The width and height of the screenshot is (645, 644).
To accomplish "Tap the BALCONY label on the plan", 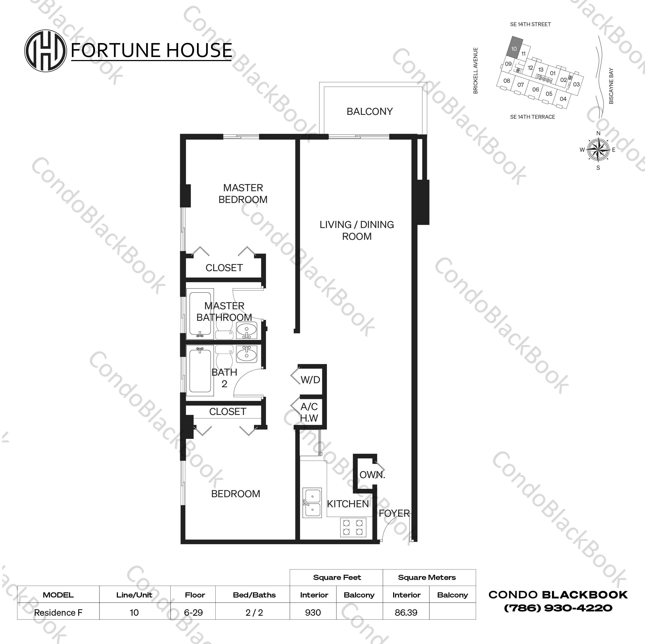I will (x=370, y=111).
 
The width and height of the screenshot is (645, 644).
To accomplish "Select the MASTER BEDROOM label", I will (x=243, y=194).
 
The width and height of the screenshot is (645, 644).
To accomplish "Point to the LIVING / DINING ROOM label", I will (x=356, y=230).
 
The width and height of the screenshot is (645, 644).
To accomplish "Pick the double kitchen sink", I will (x=312, y=503).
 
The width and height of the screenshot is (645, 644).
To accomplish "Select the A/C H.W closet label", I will (x=309, y=412).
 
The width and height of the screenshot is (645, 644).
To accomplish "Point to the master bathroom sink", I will (x=247, y=330).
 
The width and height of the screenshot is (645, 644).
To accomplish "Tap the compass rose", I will (x=598, y=150).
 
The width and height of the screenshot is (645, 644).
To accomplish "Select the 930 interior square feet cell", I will (x=313, y=613).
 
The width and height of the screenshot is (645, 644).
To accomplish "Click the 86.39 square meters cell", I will (x=406, y=613).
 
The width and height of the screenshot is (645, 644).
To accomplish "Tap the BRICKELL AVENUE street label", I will (x=476, y=71).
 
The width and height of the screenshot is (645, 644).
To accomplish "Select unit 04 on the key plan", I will (x=563, y=99).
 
